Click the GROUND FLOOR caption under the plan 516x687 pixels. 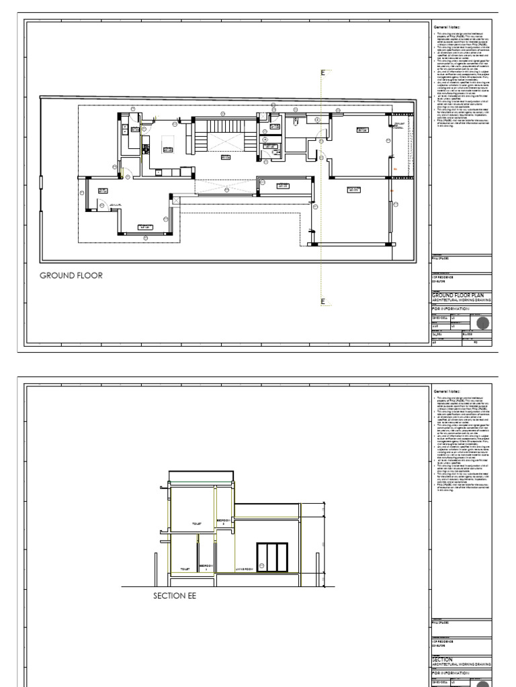[71, 275]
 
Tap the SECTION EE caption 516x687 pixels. [175, 594]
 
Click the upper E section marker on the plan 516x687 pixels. [322, 72]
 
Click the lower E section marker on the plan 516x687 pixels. [322, 301]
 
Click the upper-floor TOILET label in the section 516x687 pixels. [197, 523]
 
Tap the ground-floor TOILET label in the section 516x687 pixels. [185, 570]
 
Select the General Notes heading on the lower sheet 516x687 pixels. [445, 391]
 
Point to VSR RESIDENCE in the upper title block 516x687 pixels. [443, 276]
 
